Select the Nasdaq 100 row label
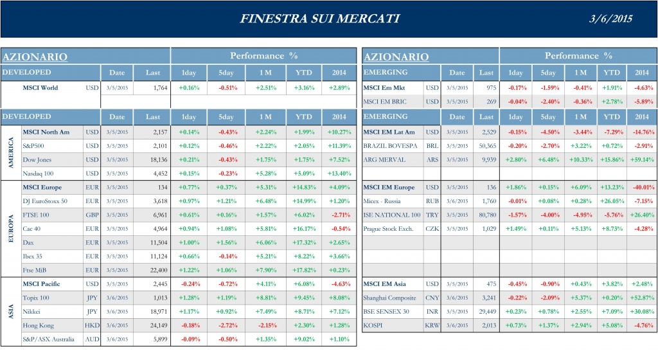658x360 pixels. [40, 173]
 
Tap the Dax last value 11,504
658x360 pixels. [156, 242]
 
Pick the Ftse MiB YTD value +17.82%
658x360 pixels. [305, 270]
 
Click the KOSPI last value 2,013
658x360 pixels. [486, 325]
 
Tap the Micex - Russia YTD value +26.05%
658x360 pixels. [611, 201]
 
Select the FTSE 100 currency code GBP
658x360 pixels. [93, 215]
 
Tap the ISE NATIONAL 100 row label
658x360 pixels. [392, 215]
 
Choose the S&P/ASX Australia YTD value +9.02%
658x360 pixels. [305, 339]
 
